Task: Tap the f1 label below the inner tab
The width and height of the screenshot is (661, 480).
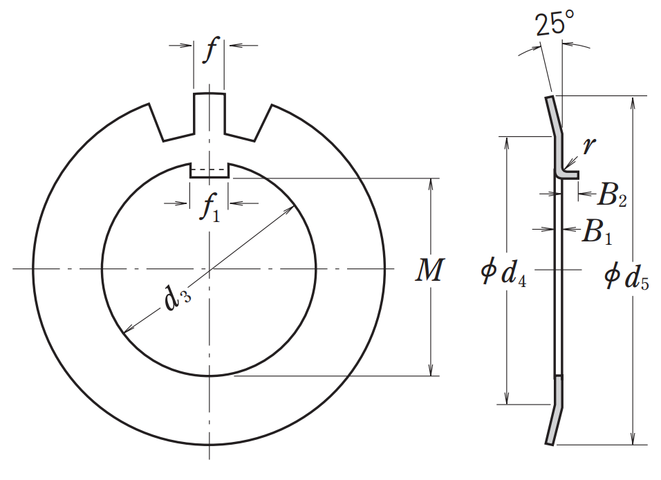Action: coord(210,208)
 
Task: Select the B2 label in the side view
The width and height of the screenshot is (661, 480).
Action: coord(612,196)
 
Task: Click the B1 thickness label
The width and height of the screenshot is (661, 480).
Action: coord(597,232)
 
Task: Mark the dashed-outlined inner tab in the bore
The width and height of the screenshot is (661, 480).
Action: coord(209,171)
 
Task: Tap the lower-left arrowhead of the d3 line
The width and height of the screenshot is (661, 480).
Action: coord(125,330)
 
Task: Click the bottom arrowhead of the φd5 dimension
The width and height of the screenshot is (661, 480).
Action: coord(632,439)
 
